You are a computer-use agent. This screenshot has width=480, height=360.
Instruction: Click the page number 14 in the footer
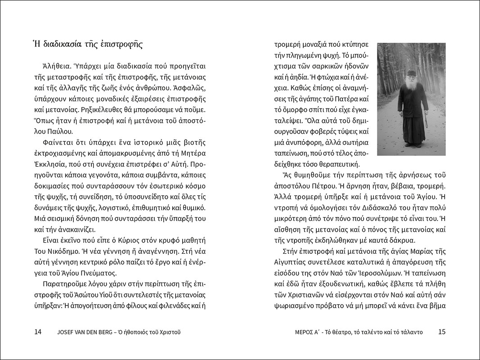(x=38, y=332)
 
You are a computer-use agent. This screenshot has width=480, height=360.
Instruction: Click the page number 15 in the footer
(x=441, y=332)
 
